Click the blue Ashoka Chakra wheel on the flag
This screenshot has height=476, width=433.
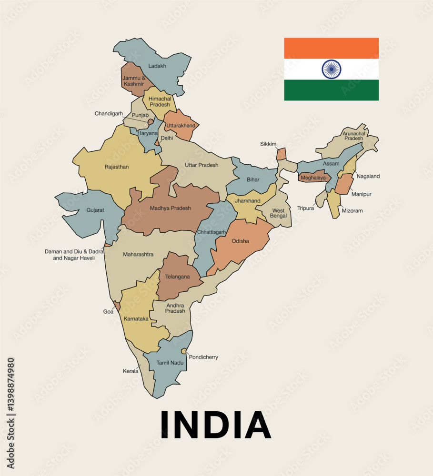[331, 69]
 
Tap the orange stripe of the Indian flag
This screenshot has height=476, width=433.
[331, 48]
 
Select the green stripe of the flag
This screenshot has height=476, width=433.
[331, 90]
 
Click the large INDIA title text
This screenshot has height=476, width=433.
[215, 425]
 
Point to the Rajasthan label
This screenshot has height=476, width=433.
[117, 167]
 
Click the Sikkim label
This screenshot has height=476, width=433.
[268, 144]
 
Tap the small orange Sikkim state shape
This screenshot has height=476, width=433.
[282, 154]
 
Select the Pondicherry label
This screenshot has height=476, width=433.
[203, 357]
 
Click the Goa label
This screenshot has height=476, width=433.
[108, 312]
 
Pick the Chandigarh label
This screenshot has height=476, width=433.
[109, 114]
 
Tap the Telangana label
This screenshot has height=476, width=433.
[177, 277]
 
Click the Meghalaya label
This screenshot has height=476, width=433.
[313, 178]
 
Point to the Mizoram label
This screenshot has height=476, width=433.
[352, 210]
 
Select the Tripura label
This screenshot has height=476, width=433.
[306, 208]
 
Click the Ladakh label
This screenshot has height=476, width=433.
[157, 66]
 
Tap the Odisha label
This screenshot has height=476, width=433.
[240, 241]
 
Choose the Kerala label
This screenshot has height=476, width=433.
[131, 371]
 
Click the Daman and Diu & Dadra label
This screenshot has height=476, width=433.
[74, 251]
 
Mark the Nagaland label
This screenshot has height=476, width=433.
[368, 176]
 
